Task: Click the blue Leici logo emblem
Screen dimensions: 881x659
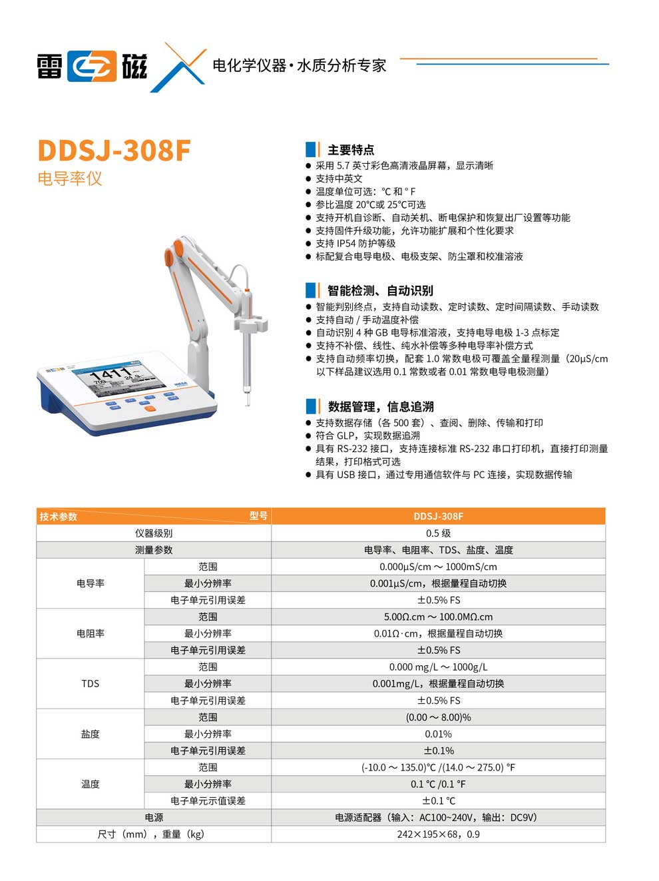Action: tap(92, 66)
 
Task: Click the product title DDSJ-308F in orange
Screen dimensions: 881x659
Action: tap(114, 150)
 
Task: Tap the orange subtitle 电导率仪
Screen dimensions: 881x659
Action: tap(70, 178)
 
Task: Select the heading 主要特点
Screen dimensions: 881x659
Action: tap(350, 150)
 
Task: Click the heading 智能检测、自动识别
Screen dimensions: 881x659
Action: tap(379, 290)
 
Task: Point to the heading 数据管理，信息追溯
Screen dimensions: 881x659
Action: tap(380, 406)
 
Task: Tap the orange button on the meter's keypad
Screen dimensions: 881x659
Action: tap(150, 408)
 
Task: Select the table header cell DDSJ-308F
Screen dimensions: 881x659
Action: tap(438, 516)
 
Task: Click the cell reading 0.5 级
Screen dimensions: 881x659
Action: tap(438, 533)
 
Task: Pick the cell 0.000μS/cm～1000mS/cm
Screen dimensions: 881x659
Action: tap(438, 567)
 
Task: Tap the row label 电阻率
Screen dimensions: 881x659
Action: tap(90, 633)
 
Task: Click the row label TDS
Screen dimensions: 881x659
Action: tap(90, 683)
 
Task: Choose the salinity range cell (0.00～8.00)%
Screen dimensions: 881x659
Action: tap(438, 717)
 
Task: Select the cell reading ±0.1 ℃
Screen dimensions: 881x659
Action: tap(438, 800)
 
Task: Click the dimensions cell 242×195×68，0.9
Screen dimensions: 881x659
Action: tap(438, 834)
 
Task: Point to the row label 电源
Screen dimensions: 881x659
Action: tap(154, 817)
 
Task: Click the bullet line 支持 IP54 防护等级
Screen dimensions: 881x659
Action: tap(355, 244)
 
